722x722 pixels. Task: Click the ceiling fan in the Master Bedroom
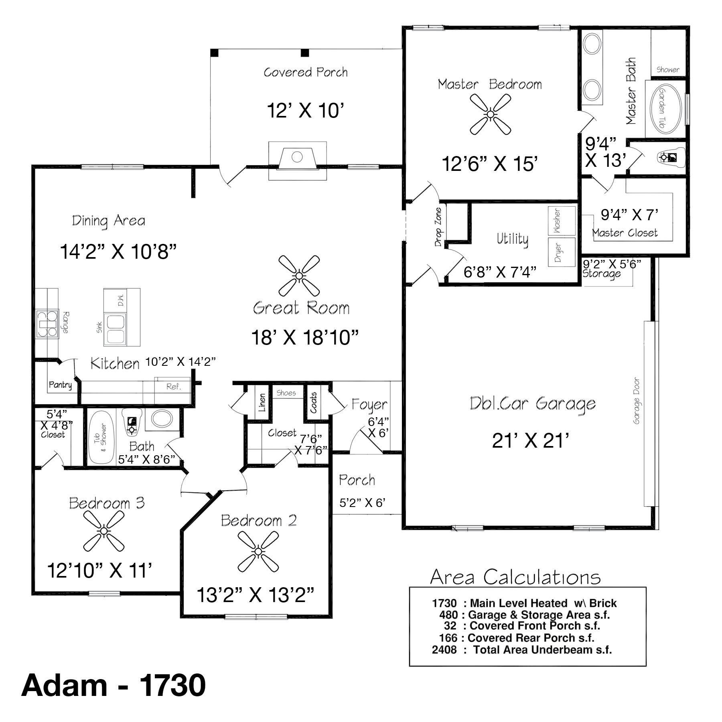tap(490, 114)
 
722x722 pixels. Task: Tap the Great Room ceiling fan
tap(299, 276)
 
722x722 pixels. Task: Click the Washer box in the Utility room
tap(562, 221)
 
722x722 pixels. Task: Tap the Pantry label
tap(60, 385)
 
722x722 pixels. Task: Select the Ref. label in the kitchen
tap(174, 387)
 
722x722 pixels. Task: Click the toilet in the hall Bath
tap(132, 421)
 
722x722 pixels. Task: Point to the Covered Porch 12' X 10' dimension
tap(306, 110)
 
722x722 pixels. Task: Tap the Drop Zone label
tap(438, 227)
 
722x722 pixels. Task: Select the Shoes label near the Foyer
tap(286, 393)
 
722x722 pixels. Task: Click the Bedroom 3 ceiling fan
tap(104, 531)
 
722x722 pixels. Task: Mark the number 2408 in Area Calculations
tap(444, 650)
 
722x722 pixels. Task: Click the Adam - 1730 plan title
tap(114, 685)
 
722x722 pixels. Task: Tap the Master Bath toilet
tap(669, 157)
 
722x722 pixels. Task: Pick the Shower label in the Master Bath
tap(668, 69)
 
